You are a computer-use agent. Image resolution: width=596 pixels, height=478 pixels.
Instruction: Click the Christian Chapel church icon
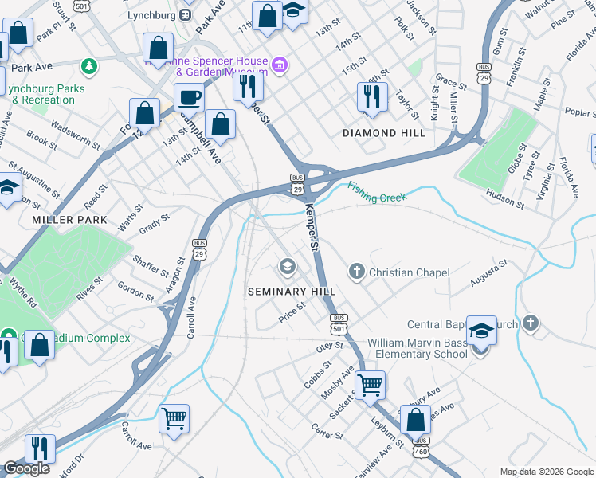356,272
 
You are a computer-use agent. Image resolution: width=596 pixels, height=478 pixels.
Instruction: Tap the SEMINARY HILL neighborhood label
292,292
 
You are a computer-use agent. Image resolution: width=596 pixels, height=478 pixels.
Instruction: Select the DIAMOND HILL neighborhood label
384,133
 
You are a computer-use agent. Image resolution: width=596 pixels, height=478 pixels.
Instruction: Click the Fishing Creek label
377,191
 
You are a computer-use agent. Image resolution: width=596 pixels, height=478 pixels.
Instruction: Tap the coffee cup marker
189,98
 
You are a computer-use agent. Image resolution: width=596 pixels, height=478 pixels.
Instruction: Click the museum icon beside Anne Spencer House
280,64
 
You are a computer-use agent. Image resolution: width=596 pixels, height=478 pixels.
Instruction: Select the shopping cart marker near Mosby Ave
370,386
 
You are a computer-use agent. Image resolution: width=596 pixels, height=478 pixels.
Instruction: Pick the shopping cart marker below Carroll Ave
174,417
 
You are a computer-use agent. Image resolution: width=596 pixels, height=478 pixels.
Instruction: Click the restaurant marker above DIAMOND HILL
372,96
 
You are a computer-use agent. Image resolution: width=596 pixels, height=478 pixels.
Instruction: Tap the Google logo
27,468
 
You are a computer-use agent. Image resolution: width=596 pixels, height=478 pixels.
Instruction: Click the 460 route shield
421,451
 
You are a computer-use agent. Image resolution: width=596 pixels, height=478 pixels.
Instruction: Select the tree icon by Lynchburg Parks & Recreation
91,64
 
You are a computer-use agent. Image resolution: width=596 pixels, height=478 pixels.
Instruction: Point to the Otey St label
328,347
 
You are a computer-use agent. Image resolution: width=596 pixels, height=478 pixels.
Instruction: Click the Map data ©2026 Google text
547,471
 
